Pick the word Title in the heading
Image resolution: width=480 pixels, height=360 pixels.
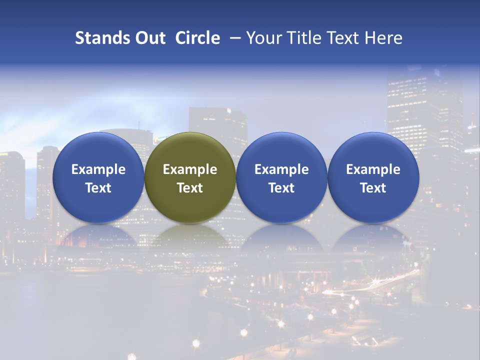coord(303,38)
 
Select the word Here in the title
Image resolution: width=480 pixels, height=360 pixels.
coord(384,38)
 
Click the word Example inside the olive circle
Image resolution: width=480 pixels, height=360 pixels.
coord(190,169)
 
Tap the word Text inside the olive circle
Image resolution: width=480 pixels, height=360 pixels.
coord(190,188)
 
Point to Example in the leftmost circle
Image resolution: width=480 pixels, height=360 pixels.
coord(98,169)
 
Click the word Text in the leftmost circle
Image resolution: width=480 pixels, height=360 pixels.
coord(98,188)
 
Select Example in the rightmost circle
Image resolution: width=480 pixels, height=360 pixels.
coord(373,169)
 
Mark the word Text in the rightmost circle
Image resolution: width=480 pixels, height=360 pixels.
coord(373,188)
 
